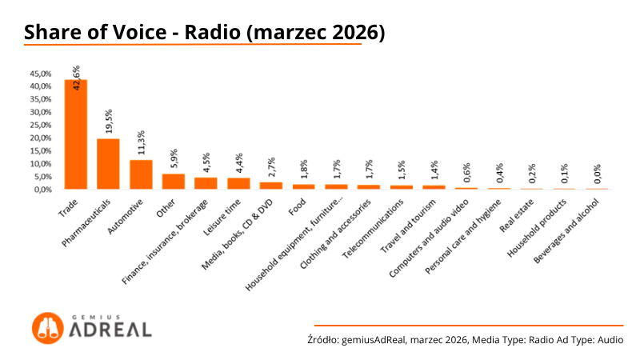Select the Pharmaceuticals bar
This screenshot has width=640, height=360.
click(108, 164)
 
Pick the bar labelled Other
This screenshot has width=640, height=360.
click(174, 182)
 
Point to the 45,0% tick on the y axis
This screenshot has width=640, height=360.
click(41, 73)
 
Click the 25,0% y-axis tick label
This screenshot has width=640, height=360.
click(41, 125)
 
